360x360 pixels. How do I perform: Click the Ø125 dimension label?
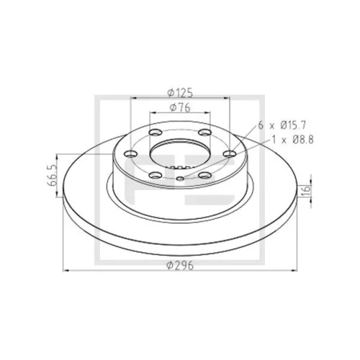(x=180, y=93)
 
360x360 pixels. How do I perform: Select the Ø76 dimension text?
(x=180, y=107)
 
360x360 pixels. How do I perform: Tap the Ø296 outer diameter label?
(x=180, y=265)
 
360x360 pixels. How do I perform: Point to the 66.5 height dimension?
(x=51, y=175)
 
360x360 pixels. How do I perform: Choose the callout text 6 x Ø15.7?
(x=282, y=125)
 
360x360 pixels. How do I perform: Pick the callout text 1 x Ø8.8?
(x=292, y=140)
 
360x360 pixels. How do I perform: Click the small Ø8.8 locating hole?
(x=180, y=179)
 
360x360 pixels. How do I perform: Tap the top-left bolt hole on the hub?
(x=155, y=132)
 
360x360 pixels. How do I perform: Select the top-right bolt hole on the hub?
(x=205, y=132)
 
